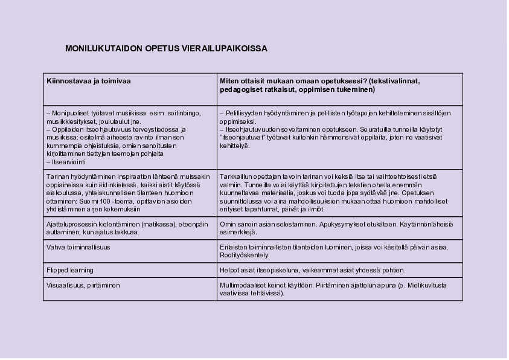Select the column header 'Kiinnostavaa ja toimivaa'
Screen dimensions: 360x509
coord(89,81)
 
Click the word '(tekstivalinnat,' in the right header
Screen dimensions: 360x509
coord(394,81)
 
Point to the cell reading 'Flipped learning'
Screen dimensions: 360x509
coord(70,270)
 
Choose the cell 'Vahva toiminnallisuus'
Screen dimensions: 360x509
coord(78,247)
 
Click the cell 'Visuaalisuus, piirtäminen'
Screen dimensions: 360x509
coord(83,285)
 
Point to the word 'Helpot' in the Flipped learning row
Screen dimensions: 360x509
coord(229,270)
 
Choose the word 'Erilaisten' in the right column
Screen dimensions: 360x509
coord(235,247)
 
